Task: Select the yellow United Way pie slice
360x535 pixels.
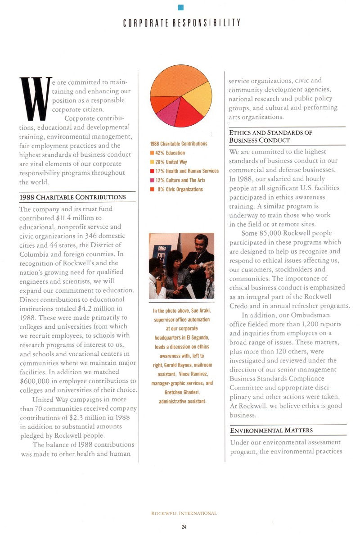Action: (x=198, y=100)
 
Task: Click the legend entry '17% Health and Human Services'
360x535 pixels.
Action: (x=184, y=171)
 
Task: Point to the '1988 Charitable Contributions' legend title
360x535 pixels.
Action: (x=179, y=144)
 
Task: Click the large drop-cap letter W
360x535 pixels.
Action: (x=34, y=99)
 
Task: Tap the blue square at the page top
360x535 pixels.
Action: (x=181, y=7)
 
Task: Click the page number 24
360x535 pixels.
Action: (x=184, y=526)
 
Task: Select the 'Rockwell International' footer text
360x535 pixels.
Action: (x=184, y=513)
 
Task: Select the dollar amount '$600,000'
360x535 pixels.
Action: (x=36, y=381)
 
